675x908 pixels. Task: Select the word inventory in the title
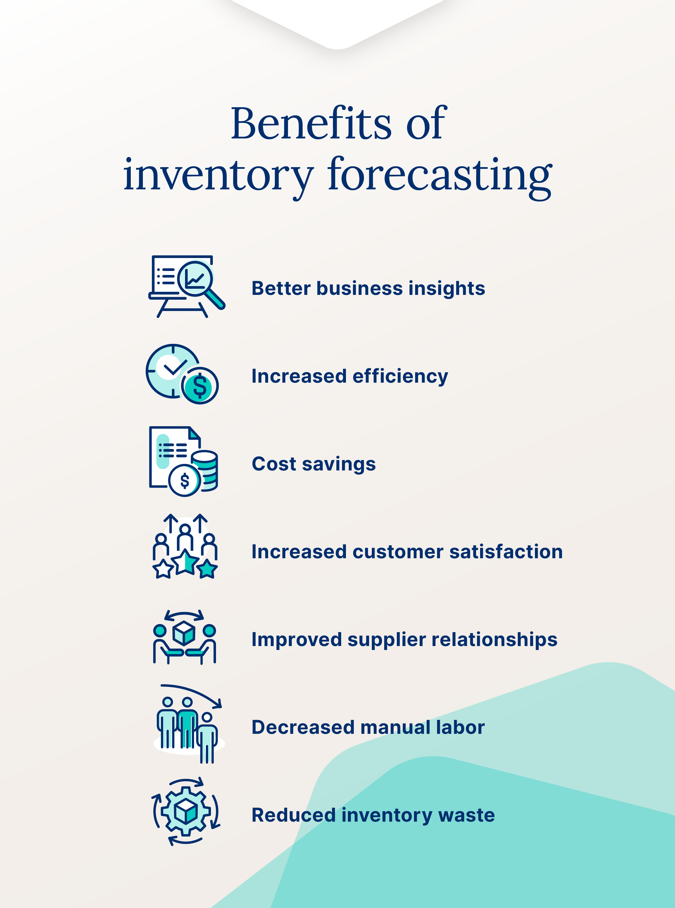coord(218,176)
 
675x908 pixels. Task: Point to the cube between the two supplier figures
coord(184,633)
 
